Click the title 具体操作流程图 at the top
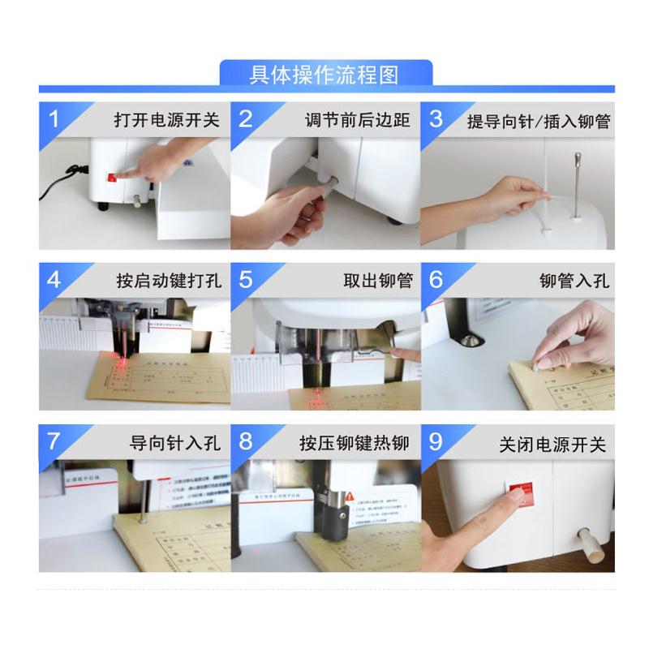(324, 75)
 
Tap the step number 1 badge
(54, 119)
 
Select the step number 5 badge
(246, 280)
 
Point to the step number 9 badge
(436, 442)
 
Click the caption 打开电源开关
(167, 120)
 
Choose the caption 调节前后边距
(358, 120)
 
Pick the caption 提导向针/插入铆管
(539, 121)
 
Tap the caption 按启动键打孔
(168, 282)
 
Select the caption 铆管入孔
(574, 282)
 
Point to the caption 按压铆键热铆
(355, 444)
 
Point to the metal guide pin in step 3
(578, 183)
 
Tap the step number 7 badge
(54, 442)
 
